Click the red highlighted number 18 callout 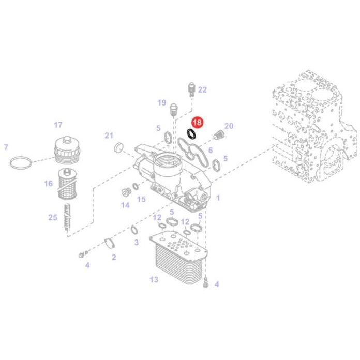197,123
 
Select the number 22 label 202,90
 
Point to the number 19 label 161,102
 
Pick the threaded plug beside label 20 218,134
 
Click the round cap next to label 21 118,147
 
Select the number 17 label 58,125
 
